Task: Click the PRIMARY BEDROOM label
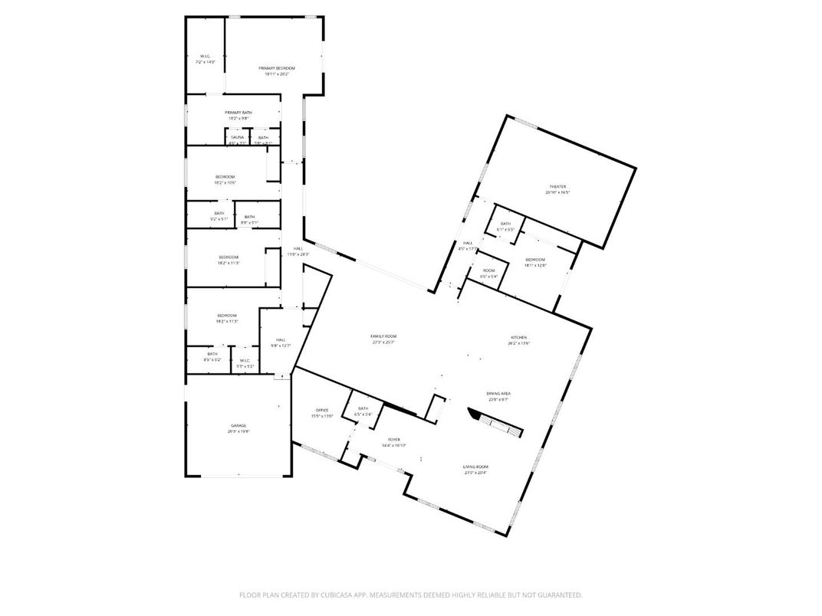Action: tap(276, 68)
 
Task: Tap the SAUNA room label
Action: tap(237, 137)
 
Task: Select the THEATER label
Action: tap(557, 187)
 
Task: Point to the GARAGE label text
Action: tap(238, 425)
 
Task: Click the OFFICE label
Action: tap(322, 410)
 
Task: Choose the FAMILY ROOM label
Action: tap(383, 336)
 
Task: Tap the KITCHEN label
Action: tap(519, 338)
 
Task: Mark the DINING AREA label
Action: tap(498, 394)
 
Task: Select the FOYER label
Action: tap(393, 440)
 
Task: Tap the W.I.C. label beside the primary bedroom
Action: tap(205, 56)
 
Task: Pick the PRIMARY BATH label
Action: tap(238, 113)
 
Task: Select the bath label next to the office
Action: tap(363, 408)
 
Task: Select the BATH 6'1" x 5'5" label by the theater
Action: tap(505, 224)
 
